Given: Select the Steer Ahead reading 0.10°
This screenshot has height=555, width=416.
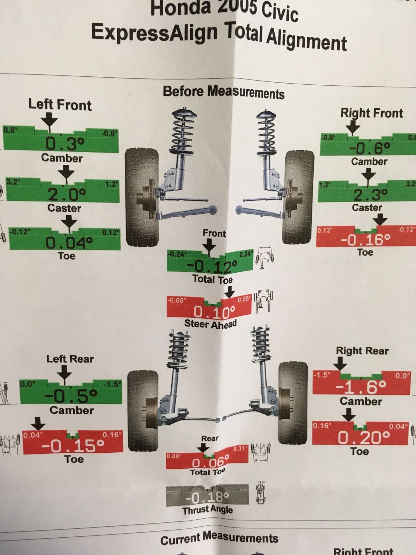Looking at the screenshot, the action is (x=214, y=312).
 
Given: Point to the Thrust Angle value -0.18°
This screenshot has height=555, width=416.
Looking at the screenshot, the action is (x=207, y=498).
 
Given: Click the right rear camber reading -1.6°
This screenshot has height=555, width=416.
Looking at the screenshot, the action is (x=361, y=387).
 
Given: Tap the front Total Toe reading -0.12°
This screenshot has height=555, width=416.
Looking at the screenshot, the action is (x=212, y=267).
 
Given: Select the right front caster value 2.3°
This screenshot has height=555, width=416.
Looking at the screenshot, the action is (x=370, y=194).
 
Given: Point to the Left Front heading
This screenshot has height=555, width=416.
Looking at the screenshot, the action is (x=60, y=105).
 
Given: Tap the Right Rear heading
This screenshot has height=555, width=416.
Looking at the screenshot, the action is (x=362, y=351).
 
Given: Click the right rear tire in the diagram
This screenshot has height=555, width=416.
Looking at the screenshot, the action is (x=293, y=403).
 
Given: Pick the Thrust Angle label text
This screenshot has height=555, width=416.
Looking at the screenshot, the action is (x=208, y=510).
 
